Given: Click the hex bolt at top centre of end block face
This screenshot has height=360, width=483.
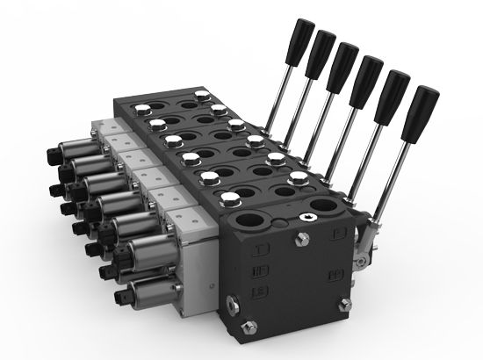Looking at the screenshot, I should pos(303,240).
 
